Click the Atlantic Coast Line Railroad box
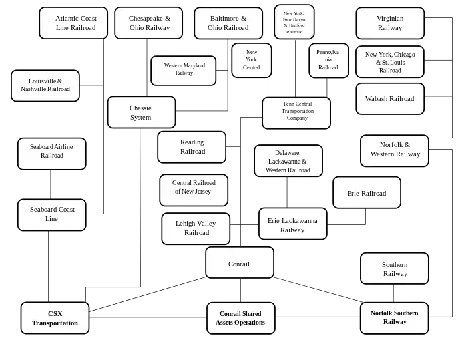pyautogui.click(x=75, y=23)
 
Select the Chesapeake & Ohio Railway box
pyautogui.click(x=148, y=23)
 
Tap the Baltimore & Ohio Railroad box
pyautogui.click(x=228, y=23)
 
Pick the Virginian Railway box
pyautogui.click(x=390, y=23)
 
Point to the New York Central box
pyautogui.click(x=251, y=60)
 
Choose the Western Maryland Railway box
pyautogui.click(x=184, y=70)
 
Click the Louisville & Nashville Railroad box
pyautogui.click(x=45, y=85)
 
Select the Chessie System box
pyautogui.click(x=141, y=112)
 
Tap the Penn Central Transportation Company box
pyautogui.click(x=296, y=112)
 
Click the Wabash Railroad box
pyautogui.click(x=390, y=99)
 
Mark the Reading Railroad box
pyautogui.click(x=192, y=147)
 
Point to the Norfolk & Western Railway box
pyautogui.click(x=395, y=150)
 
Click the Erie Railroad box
pyautogui.click(x=367, y=193)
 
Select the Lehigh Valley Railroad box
pyautogui.click(x=196, y=228)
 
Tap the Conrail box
pyautogui.click(x=240, y=263)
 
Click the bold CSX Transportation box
pyautogui.click(x=55, y=319)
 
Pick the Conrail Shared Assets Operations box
pyautogui.click(x=240, y=319)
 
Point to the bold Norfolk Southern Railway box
pyautogui.click(x=395, y=317)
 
